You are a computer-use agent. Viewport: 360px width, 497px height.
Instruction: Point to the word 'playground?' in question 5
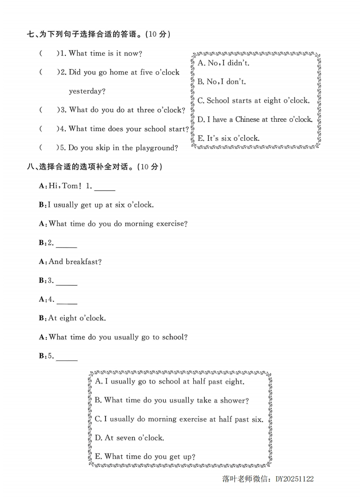[157, 148]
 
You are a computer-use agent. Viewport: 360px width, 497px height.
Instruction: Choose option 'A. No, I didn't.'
[223, 63]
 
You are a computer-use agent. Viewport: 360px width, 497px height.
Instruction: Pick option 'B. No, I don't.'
[222, 82]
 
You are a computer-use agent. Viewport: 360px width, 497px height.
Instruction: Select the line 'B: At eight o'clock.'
[72, 318]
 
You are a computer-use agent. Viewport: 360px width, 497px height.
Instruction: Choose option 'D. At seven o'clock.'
[129, 438]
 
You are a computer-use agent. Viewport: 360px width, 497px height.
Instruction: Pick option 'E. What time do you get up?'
[145, 457]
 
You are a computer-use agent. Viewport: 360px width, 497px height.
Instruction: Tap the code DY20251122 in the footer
[294, 479]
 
